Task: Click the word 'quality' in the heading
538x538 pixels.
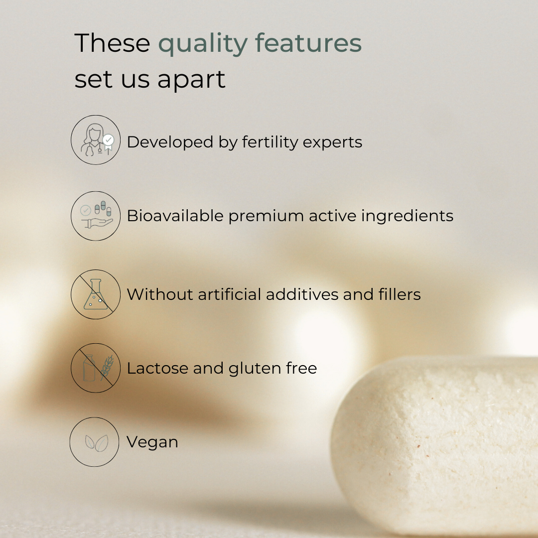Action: [203, 44]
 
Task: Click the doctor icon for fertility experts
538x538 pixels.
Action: [96, 139]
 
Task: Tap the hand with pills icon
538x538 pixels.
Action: [96, 216]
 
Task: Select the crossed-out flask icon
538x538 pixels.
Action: [96, 294]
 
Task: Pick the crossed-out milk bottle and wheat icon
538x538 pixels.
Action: [96, 368]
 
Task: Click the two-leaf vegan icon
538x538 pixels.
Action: [94, 442]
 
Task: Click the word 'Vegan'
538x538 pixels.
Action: [152, 442]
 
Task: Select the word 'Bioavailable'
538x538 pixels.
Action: [175, 216]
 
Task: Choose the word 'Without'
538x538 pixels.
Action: [160, 294]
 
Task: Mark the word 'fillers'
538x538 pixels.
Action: [400, 294]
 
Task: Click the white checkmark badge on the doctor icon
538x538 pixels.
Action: [109, 139]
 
